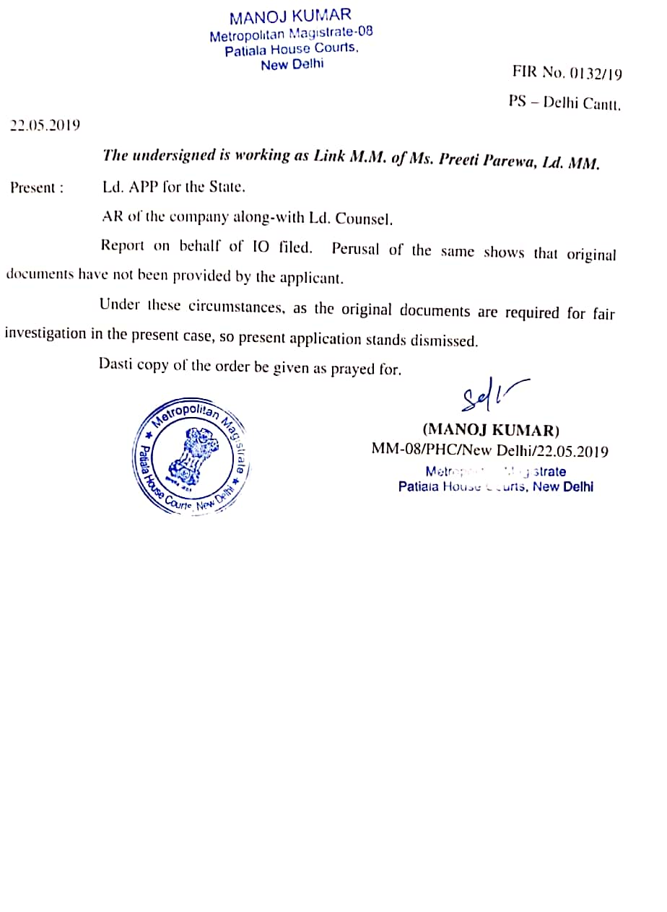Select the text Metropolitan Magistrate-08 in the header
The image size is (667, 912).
pyautogui.click(x=291, y=34)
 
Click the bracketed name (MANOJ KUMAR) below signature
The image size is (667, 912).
pyautogui.click(x=491, y=431)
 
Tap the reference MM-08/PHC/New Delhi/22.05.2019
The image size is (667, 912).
pyautogui.click(x=489, y=452)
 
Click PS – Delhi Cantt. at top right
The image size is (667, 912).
pyautogui.click(x=564, y=102)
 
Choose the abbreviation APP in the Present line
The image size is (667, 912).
pyautogui.click(x=145, y=188)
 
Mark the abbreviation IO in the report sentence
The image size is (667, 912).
pyautogui.click(x=260, y=246)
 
